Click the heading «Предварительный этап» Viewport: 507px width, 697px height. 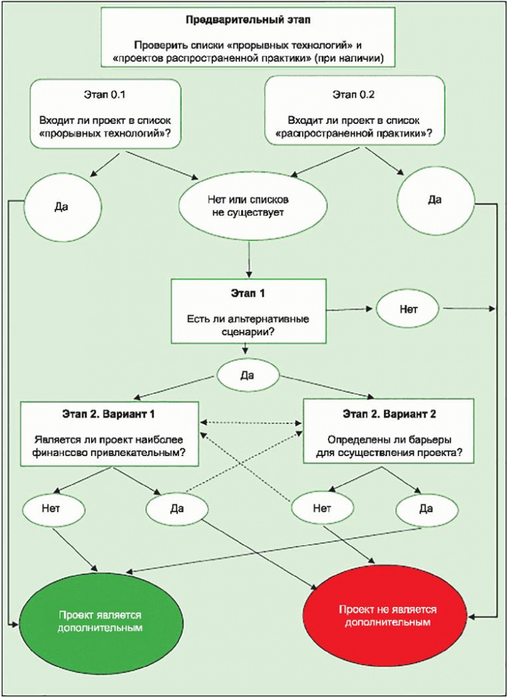pos(248,21)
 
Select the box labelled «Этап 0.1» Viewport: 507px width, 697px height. pos(105,112)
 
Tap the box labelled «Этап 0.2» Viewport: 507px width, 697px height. pos(355,112)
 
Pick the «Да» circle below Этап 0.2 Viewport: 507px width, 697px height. pos(435,200)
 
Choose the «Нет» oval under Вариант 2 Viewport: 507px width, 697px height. pos(322,507)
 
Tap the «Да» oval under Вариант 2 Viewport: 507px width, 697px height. pos(426,507)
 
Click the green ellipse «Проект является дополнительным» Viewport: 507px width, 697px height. pos(100,620)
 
